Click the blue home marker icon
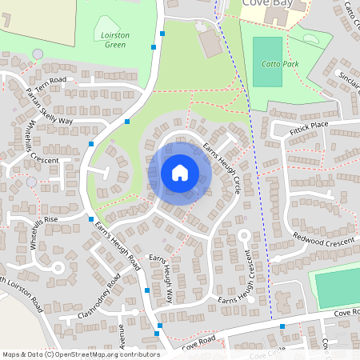coord(180,172)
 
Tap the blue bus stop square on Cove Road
coord(282,326)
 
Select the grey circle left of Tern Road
coord(38,54)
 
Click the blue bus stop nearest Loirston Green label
coord(154,46)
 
